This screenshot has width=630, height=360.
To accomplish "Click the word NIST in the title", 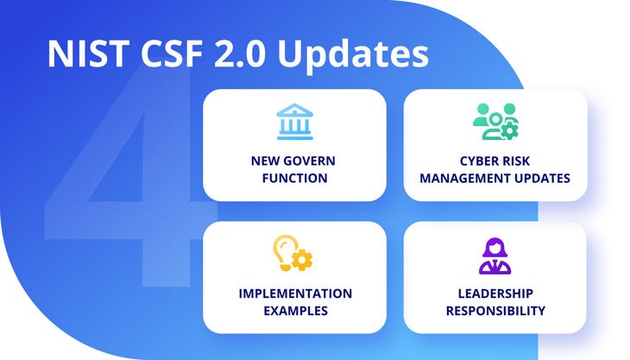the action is (x=88, y=54).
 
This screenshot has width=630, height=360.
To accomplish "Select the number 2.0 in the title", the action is (x=239, y=54).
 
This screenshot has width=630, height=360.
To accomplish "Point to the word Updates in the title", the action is (x=353, y=55).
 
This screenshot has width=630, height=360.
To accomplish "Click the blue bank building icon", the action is (x=295, y=122).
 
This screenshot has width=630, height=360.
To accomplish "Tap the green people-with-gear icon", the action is (x=496, y=122).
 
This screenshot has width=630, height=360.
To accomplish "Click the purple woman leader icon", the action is (x=495, y=256).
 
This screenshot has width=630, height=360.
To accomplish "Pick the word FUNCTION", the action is (x=295, y=178).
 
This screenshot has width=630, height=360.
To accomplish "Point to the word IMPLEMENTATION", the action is (x=295, y=294).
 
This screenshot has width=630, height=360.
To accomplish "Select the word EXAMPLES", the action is (x=295, y=311).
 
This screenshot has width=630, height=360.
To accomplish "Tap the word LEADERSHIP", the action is (x=495, y=294).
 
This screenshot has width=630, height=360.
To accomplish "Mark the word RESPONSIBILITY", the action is (x=495, y=311).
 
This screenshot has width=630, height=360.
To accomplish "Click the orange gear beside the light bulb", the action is (x=302, y=260).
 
